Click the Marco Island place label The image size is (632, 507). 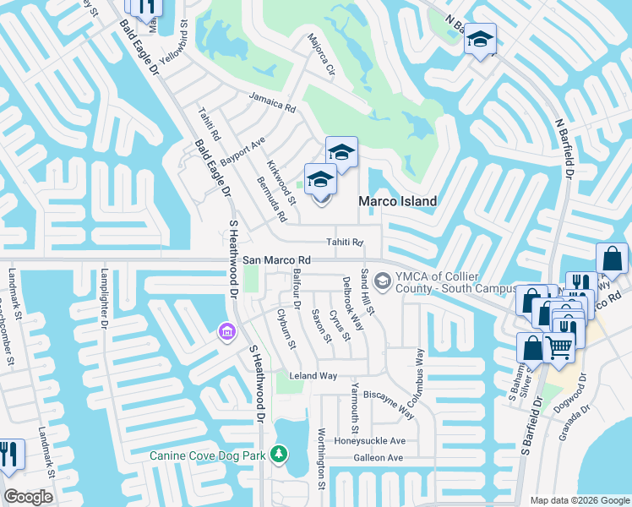pyautogui.click(x=398, y=202)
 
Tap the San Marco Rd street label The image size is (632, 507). pyautogui.click(x=277, y=260)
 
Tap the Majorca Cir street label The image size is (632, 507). pyautogui.click(x=321, y=55)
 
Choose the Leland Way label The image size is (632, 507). pyautogui.click(x=313, y=375)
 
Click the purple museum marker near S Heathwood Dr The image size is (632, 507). pyautogui.click(x=226, y=333)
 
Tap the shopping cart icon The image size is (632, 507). pyautogui.click(x=558, y=344)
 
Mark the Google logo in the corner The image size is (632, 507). pyautogui.click(x=28, y=497)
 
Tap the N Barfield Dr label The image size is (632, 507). pyautogui.click(x=564, y=147)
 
